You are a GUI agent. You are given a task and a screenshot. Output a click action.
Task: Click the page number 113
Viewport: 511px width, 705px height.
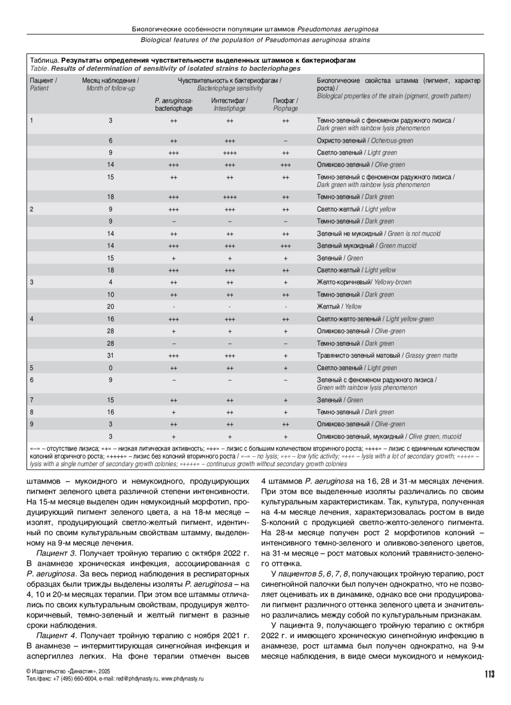coord(489,673)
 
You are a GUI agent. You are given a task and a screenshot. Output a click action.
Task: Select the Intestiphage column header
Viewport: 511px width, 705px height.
coord(230,105)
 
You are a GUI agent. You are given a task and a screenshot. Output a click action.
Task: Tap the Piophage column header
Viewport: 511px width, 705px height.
coord(285,105)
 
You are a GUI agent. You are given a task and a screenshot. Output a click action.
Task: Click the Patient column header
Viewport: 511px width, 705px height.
coord(43,84)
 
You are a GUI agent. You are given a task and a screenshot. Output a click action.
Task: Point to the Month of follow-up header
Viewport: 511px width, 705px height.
coord(110,84)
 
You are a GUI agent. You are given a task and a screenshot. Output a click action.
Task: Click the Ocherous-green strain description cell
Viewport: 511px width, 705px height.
coord(365,140)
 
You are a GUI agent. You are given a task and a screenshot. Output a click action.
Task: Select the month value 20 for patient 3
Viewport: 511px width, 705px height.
coord(110,307)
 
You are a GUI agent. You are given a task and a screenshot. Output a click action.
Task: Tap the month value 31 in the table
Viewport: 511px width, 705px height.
coord(110,355)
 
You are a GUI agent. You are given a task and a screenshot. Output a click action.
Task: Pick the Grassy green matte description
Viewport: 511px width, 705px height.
coord(387,355)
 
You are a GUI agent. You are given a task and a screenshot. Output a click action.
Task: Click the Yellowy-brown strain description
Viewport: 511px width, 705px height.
coord(364,282)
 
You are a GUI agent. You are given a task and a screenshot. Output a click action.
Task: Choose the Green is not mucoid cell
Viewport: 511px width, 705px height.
coord(378,233)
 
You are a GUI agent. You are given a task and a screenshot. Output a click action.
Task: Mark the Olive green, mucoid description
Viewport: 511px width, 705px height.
coord(389,436)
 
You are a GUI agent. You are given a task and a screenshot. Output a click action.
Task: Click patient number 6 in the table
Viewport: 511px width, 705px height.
coord(32,380)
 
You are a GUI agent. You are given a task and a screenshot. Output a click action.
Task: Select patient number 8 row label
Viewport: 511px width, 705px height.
coord(32,412)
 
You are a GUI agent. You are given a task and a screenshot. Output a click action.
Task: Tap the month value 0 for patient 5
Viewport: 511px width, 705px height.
coord(110,368)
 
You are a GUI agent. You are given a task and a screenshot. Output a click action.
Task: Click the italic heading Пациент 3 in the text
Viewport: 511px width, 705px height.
coord(56,553)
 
